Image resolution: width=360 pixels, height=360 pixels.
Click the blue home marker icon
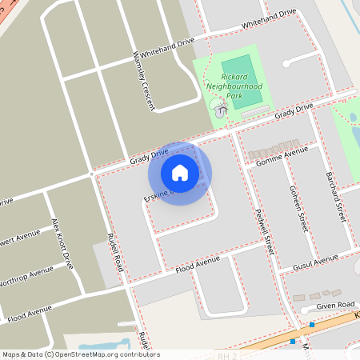click(180, 173)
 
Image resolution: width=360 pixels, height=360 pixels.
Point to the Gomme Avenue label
click(282, 156)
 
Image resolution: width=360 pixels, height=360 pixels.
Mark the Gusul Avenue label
click(314, 262)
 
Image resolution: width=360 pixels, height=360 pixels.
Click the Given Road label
click(334, 305)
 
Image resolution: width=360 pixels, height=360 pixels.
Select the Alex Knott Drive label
click(62, 242)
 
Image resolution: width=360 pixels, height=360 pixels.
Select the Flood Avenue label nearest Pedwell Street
click(197, 265)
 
